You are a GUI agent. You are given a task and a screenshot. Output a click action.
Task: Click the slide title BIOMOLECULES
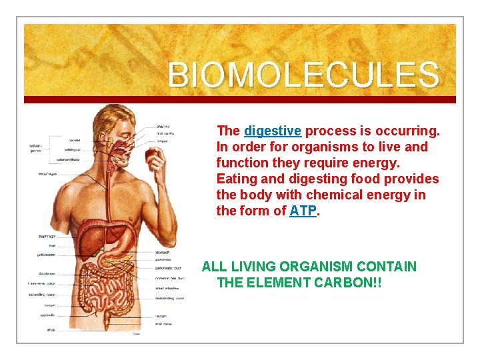[x=303, y=75]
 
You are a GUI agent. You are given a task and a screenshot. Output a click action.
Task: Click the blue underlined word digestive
[x=273, y=131]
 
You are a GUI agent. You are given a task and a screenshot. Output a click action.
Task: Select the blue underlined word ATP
[x=304, y=211]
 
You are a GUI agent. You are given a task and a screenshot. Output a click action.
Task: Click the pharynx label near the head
[x=163, y=126]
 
